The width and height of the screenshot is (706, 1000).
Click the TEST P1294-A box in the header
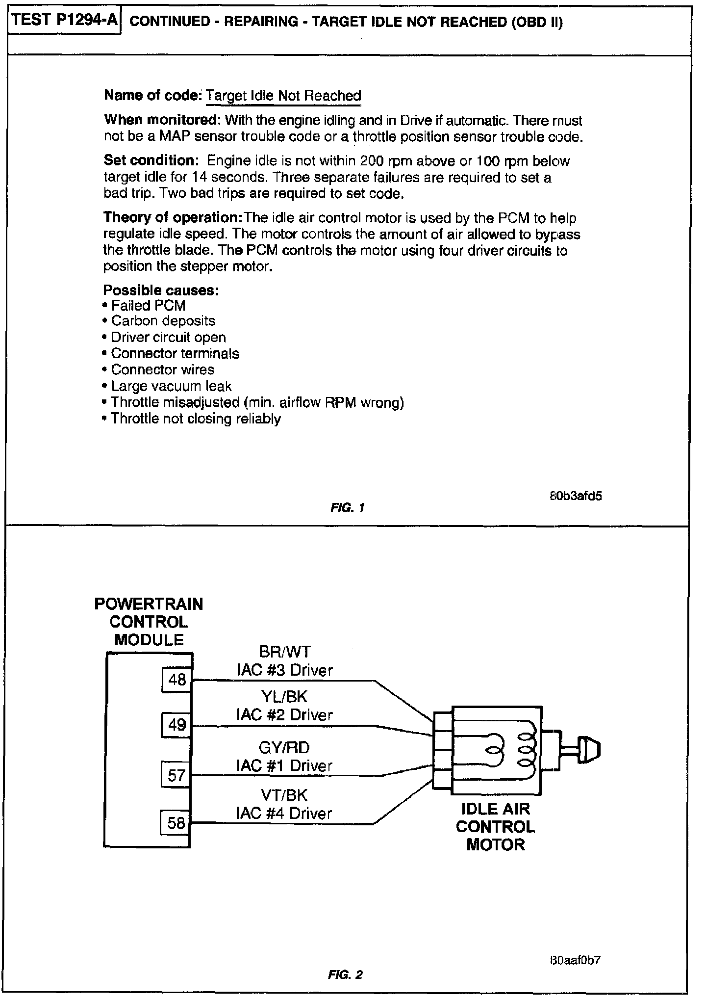tap(64, 21)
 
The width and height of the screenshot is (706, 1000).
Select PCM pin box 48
tap(177, 680)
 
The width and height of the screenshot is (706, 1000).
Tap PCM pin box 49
tap(177, 725)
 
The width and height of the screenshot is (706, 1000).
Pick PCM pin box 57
tap(176, 775)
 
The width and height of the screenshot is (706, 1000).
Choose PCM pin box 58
tap(176, 822)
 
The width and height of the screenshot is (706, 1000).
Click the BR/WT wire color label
tap(284, 652)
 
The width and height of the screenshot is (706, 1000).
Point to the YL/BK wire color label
tap(284, 697)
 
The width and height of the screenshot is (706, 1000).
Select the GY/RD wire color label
tap(284, 747)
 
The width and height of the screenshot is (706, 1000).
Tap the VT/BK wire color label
tap(284, 795)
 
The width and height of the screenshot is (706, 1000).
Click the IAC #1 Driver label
tap(284, 765)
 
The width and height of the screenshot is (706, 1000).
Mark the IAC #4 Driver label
tap(284, 814)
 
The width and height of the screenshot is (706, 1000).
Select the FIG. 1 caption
tap(347, 508)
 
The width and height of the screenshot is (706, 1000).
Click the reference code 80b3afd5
tap(575, 496)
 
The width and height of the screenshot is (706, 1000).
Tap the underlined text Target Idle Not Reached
tap(283, 96)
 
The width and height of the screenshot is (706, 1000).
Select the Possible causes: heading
tap(161, 290)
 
